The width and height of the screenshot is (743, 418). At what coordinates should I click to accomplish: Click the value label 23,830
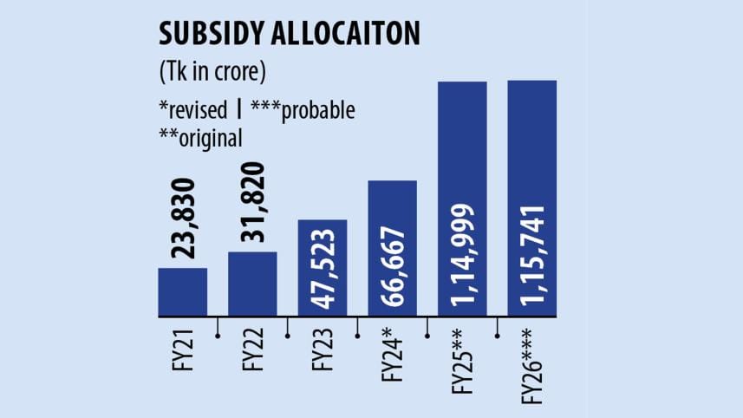(x=184, y=219)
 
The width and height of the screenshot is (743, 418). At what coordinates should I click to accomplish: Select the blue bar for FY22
(x=253, y=284)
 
